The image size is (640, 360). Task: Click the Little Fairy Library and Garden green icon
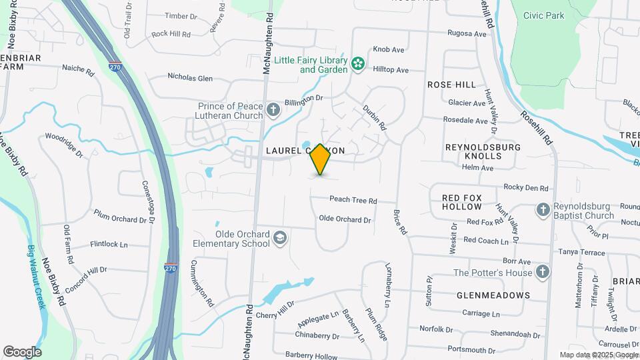358,64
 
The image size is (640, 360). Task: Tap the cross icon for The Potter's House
543,272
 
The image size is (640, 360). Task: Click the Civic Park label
543,15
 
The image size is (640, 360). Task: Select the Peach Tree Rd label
353,200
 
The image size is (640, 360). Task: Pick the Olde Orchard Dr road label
345,219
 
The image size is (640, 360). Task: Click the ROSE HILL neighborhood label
451,85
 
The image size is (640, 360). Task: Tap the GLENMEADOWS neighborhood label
493,295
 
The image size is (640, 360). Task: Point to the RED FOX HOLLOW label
470,202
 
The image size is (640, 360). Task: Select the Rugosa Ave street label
467,33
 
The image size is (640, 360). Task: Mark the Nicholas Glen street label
190,78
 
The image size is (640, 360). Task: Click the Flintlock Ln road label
109,245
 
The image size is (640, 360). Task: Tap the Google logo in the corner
22,351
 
